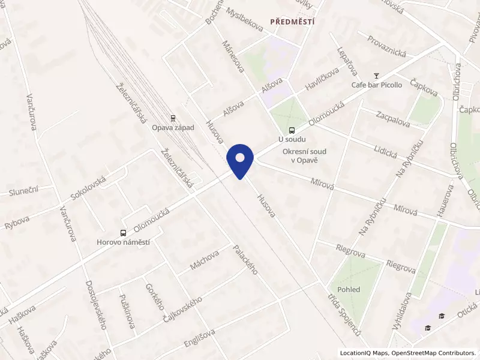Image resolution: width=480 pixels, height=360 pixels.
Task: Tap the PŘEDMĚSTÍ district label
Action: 292,22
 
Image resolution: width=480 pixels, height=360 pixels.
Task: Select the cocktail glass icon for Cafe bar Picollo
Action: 376,76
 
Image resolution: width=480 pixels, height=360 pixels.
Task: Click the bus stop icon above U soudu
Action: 292,130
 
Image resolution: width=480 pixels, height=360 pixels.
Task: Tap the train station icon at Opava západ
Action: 173,118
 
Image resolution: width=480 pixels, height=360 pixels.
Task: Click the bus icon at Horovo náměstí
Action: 123,233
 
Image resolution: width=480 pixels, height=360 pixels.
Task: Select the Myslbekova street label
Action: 242,19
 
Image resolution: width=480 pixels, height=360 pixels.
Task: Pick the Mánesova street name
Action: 233,56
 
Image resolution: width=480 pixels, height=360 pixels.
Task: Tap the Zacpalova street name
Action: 392,119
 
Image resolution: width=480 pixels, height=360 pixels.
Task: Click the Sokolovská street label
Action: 88,187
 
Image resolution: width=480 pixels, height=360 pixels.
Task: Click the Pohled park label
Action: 349,289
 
